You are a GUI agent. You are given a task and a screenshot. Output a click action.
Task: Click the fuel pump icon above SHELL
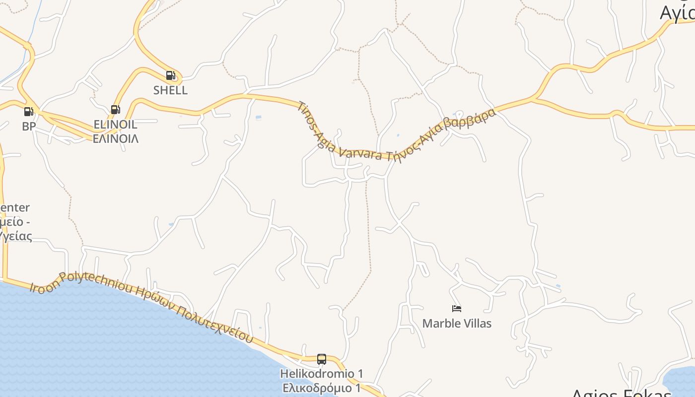(x=170, y=76)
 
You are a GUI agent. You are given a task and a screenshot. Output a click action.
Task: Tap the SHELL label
(x=170, y=90)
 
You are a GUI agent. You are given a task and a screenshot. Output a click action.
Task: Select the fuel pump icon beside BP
(x=29, y=112)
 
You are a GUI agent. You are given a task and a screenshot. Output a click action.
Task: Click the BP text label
(x=29, y=127)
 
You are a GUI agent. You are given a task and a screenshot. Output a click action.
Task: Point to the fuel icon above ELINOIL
(x=115, y=110)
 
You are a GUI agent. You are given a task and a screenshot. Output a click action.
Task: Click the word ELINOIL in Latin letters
(x=115, y=124)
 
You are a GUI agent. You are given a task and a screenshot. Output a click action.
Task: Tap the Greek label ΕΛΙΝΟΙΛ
(x=115, y=138)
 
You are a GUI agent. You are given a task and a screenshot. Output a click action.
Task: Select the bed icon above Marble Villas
(x=457, y=309)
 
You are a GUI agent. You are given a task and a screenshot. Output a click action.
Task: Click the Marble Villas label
(x=457, y=324)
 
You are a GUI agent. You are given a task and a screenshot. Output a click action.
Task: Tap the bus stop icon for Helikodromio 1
(x=322, y=359)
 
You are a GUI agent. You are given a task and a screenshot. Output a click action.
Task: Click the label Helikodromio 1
(x=322, y=373)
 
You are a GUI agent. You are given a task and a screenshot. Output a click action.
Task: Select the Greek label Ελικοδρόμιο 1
(x=322, y=388)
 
